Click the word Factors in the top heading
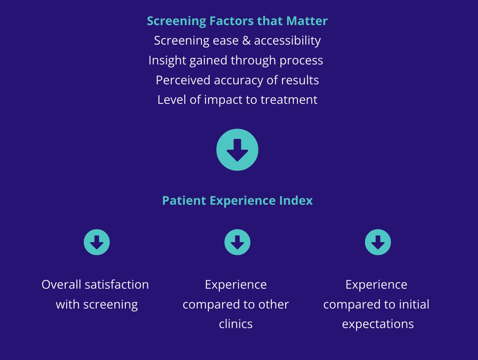pyautogui.click(x=231, y=21)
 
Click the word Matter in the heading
pyautogui.click(x=307, y=21)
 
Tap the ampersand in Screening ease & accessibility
pyautogui.click(x=246, y=41)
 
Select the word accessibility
pyautogui.click(x=288, y=41)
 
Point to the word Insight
pyautogui.click(x=167, y=60)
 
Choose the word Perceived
pyautogui.click(x=183, y=80)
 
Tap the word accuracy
pyautogui.click(x=239, y=81)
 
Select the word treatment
pyautogui.click(x=289, y=100)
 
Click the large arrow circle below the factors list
pyautogui.click(x=237, y=150)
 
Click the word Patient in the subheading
pyautogui.click(x=184, y=201)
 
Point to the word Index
pyautogui.click(x=296, y=201)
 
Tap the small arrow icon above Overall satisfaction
pyautogui.click(x=97, y=242)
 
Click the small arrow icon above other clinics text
pyautogui.click(x=237, y=242)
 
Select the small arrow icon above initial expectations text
pyautogui.click(x=378, y=242)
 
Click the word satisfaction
pyautogui.click(x=117, y=285)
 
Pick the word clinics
pyautogui.click(x=236, y=324)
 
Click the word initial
pyautogui.click(x=414, y=305)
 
